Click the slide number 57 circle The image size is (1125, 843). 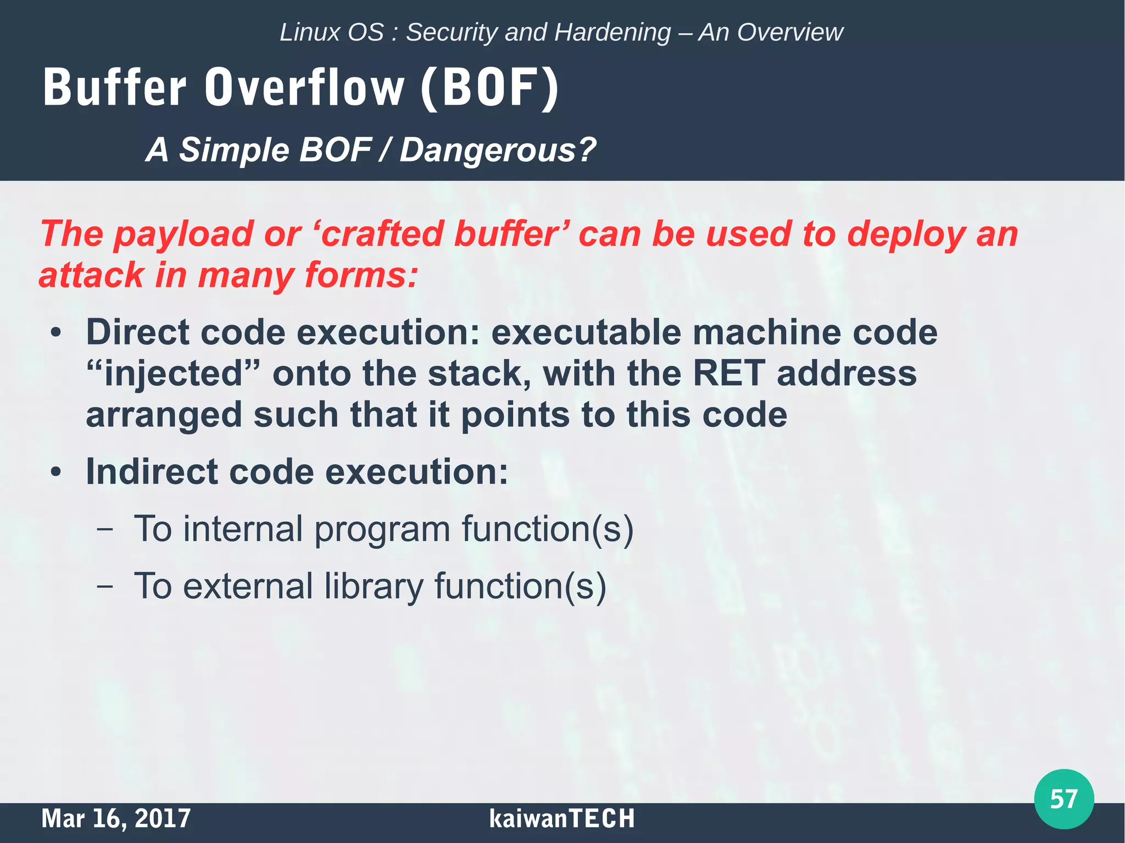pos(1063,799)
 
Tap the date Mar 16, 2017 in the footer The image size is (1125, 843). pos(116,818)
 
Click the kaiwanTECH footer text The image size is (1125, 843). pos(561,818)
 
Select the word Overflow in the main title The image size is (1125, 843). pos(304,88)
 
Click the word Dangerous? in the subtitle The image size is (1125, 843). pos(497,150)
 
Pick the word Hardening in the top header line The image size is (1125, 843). pos(612,32)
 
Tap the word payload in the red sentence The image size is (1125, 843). pos(183,235)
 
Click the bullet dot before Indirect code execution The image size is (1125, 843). pos(55,472)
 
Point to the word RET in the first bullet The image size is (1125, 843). pos(728,374)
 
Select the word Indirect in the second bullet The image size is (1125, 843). pos(152,472)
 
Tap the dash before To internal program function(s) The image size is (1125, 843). pos(104,530)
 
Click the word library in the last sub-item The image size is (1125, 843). pos(374,587)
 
